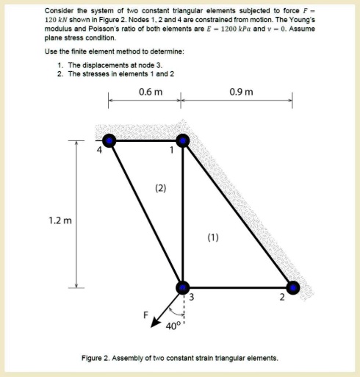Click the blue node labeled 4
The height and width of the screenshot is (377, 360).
[x=109, y=140]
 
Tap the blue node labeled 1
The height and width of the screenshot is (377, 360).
[x=182, y=140]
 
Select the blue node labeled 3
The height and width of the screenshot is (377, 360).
[x=182, y=287]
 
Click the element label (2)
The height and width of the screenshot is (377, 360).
[x=159, y=189]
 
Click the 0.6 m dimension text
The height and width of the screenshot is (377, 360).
[x=150, y=93]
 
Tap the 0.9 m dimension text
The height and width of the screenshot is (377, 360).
[x=241, y=93]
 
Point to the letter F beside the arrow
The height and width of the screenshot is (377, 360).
[x=145, y=315]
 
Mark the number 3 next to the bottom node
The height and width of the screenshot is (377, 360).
[x=192, y=298]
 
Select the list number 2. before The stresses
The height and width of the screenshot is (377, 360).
[x=60, y=73]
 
